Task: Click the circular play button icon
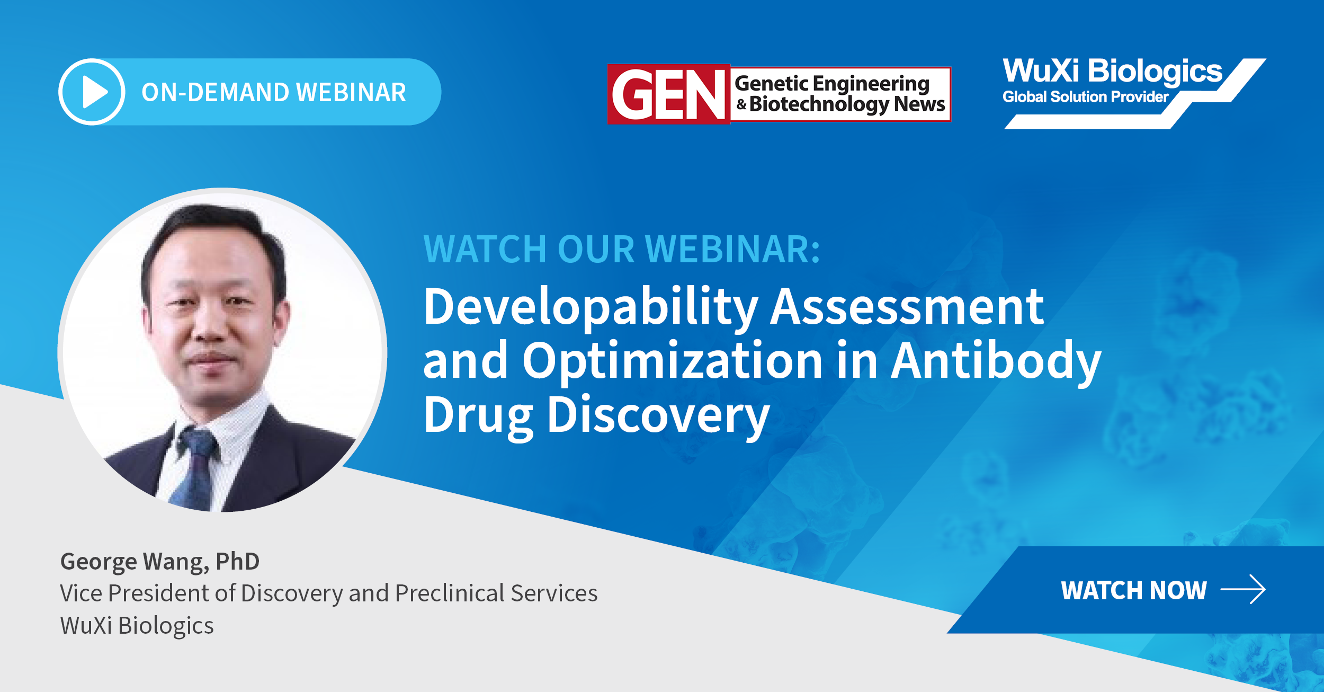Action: pyautogui.click(x=92, y=92)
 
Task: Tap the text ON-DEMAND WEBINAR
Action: pyautogui.click(x=274, y=92)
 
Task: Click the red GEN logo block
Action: pyautogui.click(x=669, y=94)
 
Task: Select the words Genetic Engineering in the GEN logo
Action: pyautogui.click(x=832, y=83)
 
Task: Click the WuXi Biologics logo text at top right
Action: pyautogui.click(x=1112, y=71)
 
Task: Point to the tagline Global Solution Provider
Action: pyautogui.click(x=1085, y=97)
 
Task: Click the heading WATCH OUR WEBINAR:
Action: pyautogui.click(x=622, y=249)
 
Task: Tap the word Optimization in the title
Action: pyautogui.click(x=673, y=361)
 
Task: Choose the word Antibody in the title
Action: pyautogui.click(x=996, y=361)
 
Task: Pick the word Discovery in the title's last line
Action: pyautogui.click(x=658, y=415)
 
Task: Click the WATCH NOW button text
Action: pyautogui.click(x=1134, y=590)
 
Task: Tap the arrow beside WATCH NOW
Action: pyautogui.click(x=1243, y=589)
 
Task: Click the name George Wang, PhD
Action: pyautogui.click(x=160, y=562)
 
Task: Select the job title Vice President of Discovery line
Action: pyautogui.click(x=328, y=593)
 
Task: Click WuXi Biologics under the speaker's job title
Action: pyautogui.click(x=137, y=626)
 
